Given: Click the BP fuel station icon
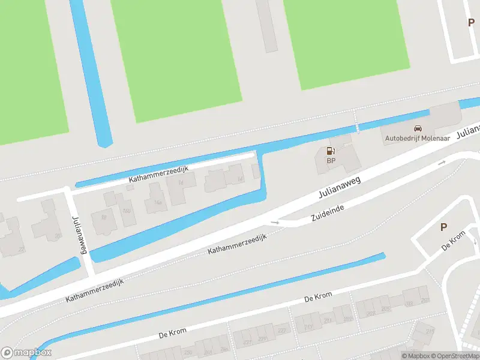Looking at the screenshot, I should pyautogui.click(x=330, y=151).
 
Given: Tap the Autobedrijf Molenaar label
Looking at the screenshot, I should pyautogui.click(x=418, y=139).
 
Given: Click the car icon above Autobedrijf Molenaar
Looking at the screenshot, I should pyautogui.click(x=418, y=128).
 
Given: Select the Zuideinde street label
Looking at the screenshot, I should pyautogui.click(x=329, y=211).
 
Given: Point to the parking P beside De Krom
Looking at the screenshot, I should pyautogui.click(x=444, y=227).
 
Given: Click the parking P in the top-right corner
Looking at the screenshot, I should pyautogui.click(x=471, y=22).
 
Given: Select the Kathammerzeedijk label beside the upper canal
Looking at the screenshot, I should pyautogui.click(x=158, y=175).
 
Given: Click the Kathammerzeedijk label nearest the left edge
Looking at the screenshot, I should pyautogui.click(x=95, y=290).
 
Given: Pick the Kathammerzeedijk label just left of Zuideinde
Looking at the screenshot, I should pyautogui.click(x=236, y=244).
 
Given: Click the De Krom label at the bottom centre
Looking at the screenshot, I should pyautogui.click(x=318, y=297).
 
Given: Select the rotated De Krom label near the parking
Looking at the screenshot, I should pyautogui.click(x=454, y=242).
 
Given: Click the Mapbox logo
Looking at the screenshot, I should pyautogui.click(x=26, y=353).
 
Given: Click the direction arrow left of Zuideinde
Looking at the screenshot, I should pyautogui.click(x=275, y=222).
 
